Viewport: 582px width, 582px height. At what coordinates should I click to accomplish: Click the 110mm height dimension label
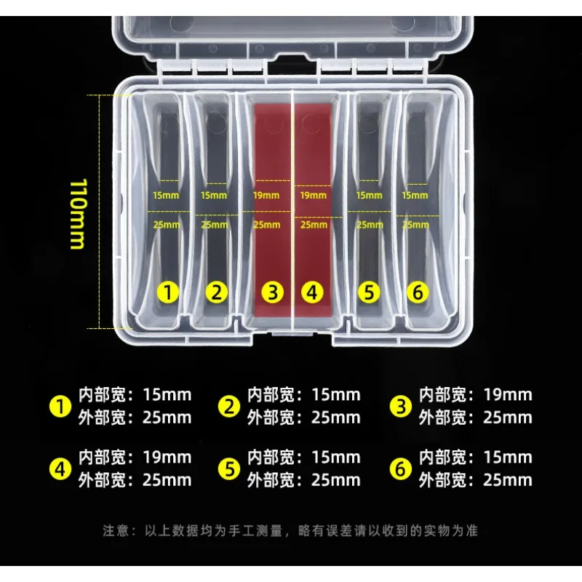[79, 214]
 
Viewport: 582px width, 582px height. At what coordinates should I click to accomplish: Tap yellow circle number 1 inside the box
[168, 292]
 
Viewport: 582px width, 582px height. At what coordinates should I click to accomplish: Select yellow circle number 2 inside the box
[216, 292]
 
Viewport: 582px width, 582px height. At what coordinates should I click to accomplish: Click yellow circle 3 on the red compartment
[272, 292]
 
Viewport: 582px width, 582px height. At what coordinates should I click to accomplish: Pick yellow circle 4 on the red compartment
[312, 292]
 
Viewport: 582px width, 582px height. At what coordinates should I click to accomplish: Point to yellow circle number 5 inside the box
[369, 292]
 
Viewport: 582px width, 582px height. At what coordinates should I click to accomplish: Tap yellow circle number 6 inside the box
[418, 292]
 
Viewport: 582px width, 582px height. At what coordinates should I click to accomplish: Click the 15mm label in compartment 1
[166, 195]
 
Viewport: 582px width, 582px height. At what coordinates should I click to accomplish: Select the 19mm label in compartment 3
[266, 195]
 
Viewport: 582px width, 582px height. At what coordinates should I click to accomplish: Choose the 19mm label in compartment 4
[314, 195]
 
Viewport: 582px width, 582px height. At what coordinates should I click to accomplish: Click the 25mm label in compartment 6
[415, 225]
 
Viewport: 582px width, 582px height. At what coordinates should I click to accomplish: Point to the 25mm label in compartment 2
[215, 225]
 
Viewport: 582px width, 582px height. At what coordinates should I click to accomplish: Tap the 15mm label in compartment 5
[369, 195]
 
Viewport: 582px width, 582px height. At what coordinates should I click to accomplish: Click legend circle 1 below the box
[60, 407]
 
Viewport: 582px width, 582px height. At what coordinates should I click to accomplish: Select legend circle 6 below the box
[401, 469]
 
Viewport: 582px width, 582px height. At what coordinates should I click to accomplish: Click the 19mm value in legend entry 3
[508, 395]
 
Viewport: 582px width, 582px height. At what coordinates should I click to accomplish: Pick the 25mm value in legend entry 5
[336, 480]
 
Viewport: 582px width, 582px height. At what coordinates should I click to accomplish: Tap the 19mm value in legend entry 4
[167, 458]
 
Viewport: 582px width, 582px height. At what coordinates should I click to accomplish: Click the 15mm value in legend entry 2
[336, 395]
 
